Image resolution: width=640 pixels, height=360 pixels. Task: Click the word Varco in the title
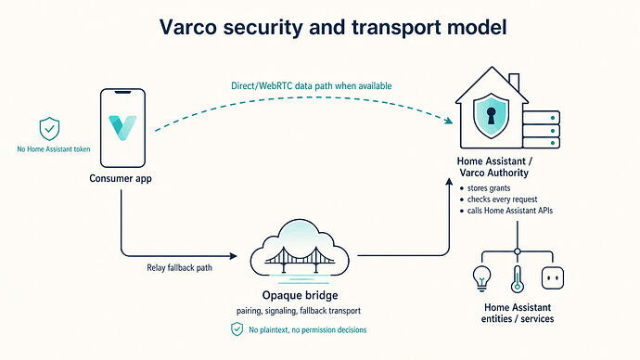coord(188,27)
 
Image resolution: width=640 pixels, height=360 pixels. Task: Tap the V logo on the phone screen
coord(122,127)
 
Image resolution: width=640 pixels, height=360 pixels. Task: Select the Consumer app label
coord(121,178)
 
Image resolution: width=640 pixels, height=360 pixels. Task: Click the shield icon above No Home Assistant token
coord(49,129)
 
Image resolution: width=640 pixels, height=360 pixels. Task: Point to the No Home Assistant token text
coord(54,149)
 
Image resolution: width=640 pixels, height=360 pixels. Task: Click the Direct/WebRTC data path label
coord(312,85)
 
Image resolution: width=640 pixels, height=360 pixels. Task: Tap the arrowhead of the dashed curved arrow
coord(449,120)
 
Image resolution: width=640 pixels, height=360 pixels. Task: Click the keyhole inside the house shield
coord(491,115)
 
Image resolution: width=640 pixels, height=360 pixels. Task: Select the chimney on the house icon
coord(514,82)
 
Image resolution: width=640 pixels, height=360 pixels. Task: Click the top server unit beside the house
coord(542,118)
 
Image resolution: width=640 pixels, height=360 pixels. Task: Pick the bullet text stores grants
coord(489,188)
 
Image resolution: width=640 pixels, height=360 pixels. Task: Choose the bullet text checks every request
coord(502,199)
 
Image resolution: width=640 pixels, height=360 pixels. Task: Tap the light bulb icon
coord(482,278)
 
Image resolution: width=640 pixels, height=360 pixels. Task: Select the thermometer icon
coord(518,279)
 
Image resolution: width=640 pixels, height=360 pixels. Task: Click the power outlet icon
coord(553,278)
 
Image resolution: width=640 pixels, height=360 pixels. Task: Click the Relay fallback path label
coord(180,268)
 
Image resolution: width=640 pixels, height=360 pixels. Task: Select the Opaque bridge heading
coord(300,295)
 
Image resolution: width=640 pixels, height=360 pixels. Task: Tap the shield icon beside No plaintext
coord(237,329)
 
